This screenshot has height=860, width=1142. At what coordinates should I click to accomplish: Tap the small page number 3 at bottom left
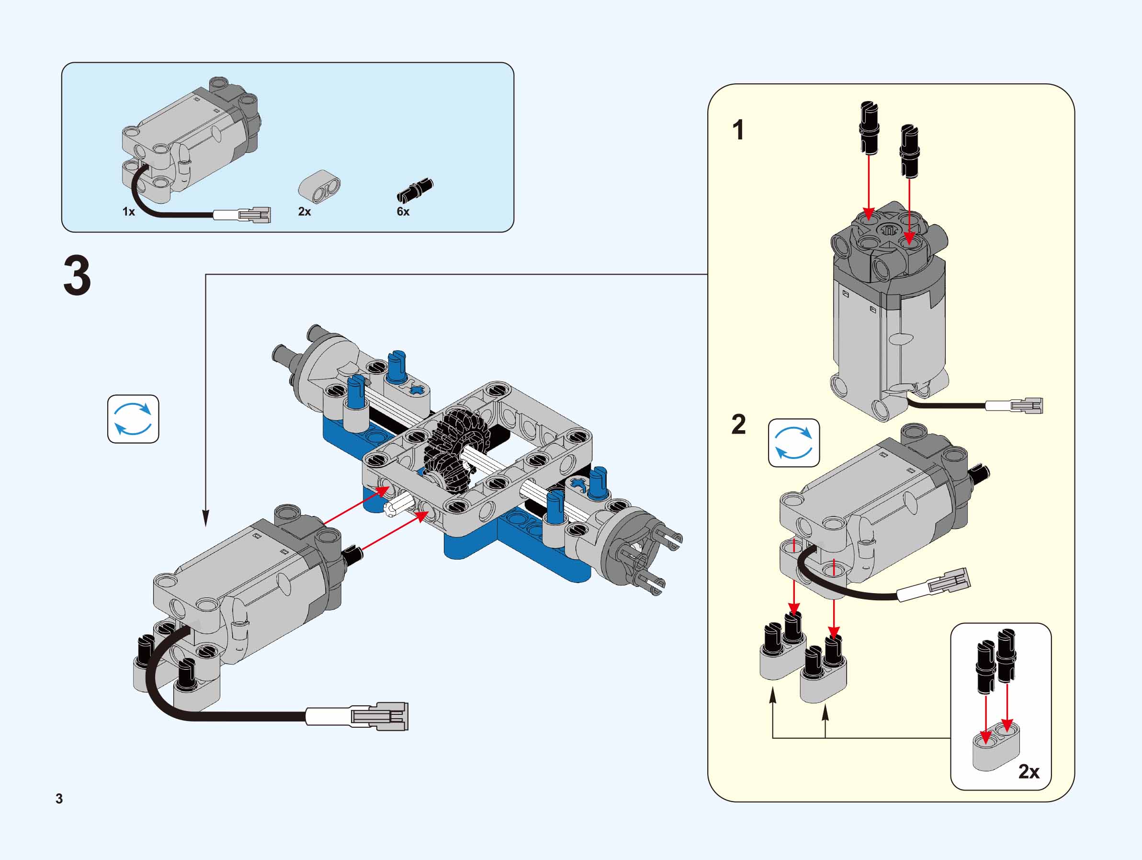coord(59,799)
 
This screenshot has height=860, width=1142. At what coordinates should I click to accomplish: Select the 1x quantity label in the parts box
coord(128,212)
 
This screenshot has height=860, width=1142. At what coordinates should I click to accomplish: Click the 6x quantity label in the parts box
coord(403,212)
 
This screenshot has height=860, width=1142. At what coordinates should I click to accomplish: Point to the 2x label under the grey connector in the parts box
coord(305,212)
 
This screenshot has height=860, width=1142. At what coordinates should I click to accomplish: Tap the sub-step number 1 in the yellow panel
coord(738,130)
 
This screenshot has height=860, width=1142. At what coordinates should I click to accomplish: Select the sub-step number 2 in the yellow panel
coord(739,424)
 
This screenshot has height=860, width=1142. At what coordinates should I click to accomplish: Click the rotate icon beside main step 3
coord(133,419)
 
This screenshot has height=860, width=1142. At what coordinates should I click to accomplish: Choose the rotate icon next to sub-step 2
coord(794,443)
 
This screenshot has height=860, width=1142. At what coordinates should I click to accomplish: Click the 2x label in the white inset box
coord(1029,772)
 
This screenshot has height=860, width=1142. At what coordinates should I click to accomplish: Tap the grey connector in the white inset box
coord(996,749)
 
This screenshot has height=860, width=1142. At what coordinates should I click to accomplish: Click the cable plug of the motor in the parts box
coord(255,215)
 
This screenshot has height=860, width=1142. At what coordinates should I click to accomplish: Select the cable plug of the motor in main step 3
coord(379,716)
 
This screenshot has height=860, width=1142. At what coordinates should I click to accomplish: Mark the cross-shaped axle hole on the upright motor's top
coord(889,230)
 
